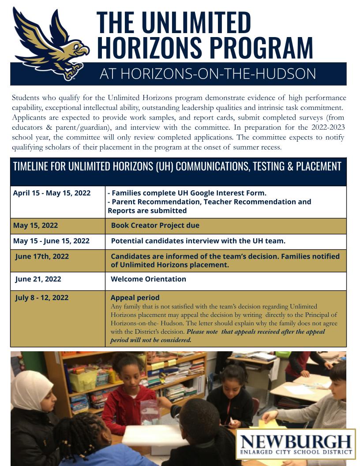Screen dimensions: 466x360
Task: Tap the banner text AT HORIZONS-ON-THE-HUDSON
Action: [207, 74]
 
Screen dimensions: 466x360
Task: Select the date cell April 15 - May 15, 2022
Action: [52, 193]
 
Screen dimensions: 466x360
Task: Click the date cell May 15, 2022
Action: [35, 225]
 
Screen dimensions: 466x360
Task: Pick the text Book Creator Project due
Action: [155, 225]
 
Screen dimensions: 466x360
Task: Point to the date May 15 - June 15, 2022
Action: [51, 241]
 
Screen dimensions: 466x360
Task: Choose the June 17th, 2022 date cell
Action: [42, 256]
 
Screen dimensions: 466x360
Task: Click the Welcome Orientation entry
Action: [148, 279]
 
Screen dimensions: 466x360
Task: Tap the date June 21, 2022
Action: [38, 279]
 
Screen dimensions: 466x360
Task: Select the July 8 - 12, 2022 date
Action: [41, 297]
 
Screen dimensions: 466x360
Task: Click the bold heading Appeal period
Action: [135, 297]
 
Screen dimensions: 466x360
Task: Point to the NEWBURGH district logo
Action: [296, 444]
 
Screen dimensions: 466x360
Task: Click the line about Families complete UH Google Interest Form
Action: [187, 193]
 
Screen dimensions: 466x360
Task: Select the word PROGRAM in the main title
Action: [260, 47]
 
